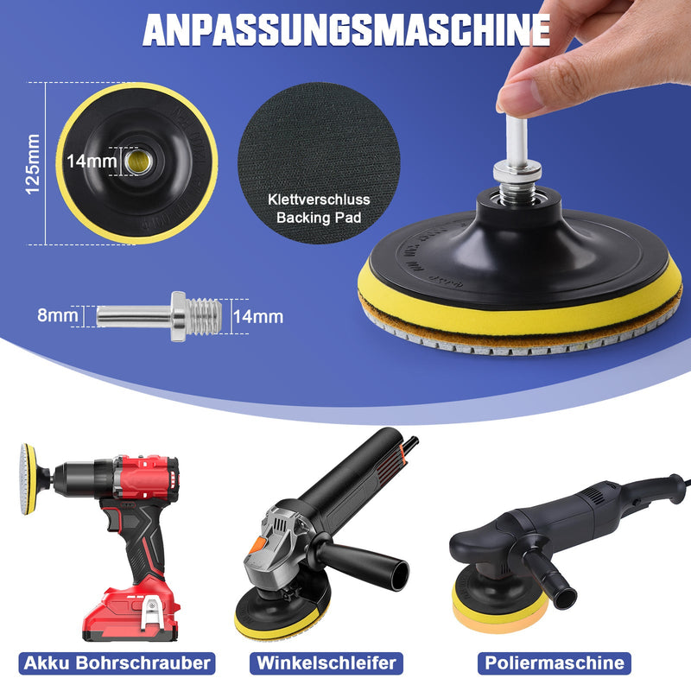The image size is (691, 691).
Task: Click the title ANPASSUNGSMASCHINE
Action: pos(346,30)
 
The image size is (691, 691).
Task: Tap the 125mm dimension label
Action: pos(32,164)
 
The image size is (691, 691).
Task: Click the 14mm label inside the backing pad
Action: pos(92,162)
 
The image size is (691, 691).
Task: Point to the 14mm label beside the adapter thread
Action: pos(258,316)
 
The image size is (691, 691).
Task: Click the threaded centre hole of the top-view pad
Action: pos(137,162)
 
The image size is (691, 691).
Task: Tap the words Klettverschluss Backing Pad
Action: pos(319,208)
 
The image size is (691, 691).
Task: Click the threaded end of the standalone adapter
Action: pos(204,316)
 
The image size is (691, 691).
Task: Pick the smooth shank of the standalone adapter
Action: pos(134,316)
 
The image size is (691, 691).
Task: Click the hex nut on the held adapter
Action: pos(517,170)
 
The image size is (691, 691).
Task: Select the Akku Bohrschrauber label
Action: pos(117,663)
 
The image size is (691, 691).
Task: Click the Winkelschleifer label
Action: pos(326,663)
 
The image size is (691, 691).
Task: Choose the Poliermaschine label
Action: pos(555,663)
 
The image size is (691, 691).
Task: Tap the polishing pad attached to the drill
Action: pos(28,479)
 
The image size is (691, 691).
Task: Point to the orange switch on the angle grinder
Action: pos(257,546)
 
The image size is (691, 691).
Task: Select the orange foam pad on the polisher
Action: pos(500,612)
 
